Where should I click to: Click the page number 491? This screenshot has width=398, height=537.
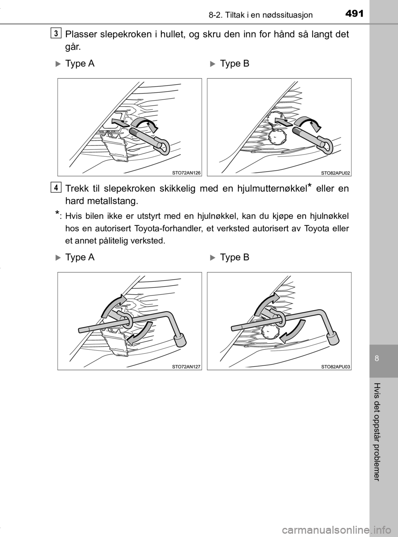354,14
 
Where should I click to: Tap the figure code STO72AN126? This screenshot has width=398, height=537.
186,173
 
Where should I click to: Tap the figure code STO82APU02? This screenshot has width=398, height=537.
335,173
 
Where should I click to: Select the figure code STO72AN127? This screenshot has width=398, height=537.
186,367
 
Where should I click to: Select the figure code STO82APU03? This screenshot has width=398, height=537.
335,367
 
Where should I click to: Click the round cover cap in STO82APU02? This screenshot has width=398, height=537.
277,136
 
